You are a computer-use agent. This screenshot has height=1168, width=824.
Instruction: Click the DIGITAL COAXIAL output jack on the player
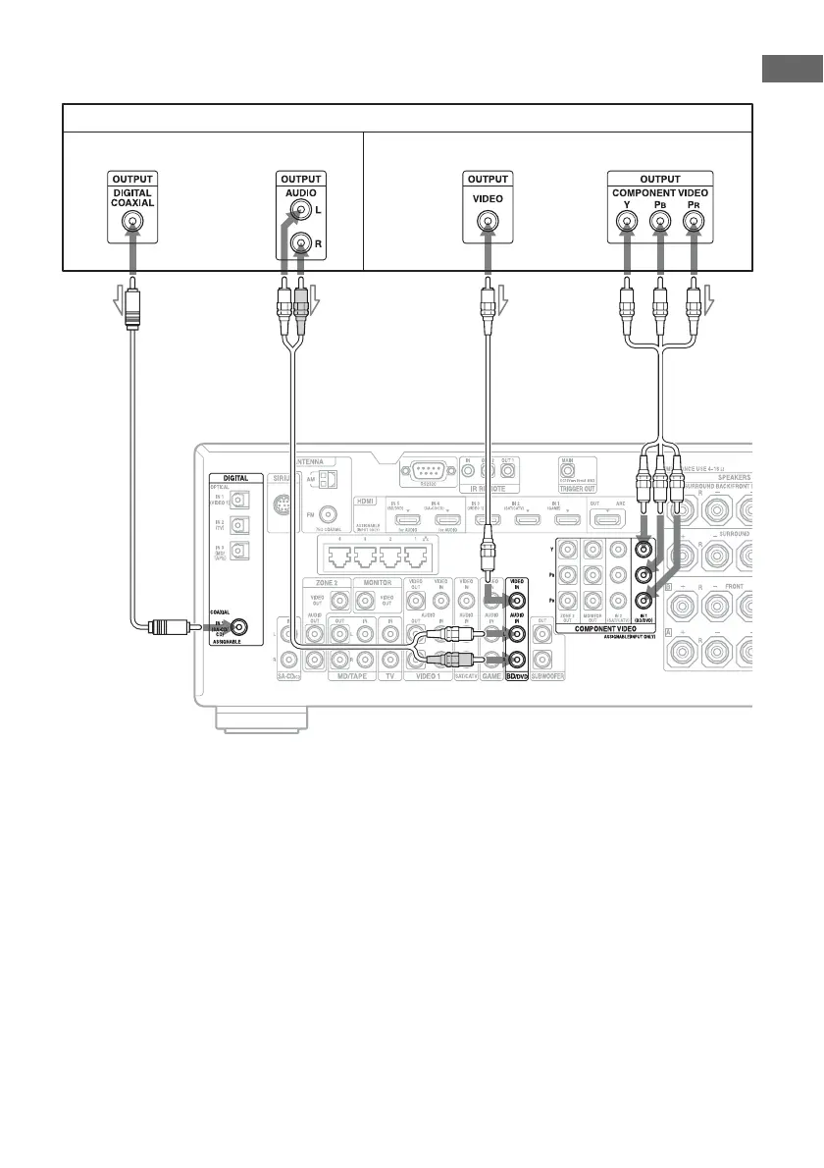[x=131, y=222]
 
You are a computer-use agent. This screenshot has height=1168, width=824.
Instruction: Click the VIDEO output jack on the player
[x=487, y=222]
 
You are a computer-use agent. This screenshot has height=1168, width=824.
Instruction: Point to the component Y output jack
[x=624, y=222]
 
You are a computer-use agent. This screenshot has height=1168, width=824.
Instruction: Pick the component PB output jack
[x=659, y=222]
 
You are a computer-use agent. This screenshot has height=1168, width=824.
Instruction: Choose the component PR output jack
[x=695, y=222]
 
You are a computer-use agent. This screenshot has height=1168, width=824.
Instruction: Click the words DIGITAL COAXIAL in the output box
[x=131, y=196]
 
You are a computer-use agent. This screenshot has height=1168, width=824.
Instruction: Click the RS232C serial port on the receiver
[x=429, y=472]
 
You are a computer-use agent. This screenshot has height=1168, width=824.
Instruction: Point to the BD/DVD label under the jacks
[x=515, y=677]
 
